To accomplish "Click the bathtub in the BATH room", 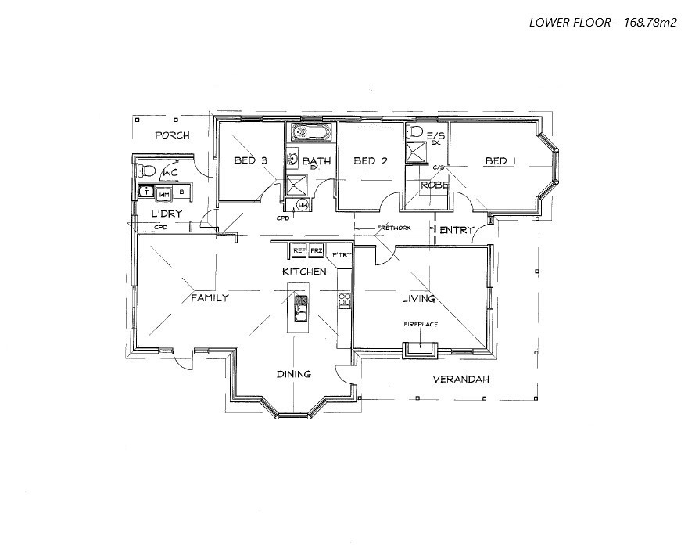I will click(311, 132).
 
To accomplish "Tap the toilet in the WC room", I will click(147, 171).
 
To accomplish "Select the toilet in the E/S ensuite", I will click(414, 131).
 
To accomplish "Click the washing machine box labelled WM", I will click(164, 193).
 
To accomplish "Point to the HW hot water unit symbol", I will click(303, 205).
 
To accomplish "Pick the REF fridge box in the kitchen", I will click(299, 250).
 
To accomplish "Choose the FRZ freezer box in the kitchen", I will click(316, 250).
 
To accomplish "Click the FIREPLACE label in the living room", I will click(420, 323).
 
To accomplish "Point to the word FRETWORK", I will click(394, 228).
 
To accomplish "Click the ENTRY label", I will click(456, 230).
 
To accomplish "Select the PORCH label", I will click(172, 135).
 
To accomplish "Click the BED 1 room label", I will click(500, 161).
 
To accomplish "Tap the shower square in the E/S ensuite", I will click(414, 153).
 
